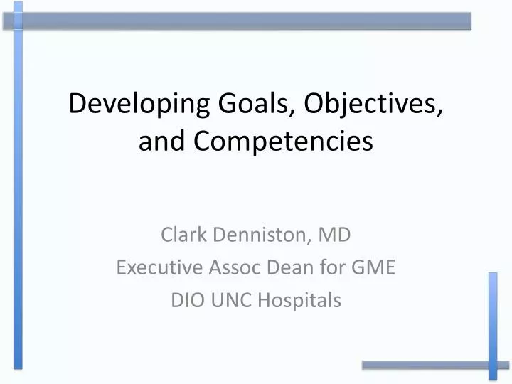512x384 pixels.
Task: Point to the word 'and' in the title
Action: click(x=161, y=141)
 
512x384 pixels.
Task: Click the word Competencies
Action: click(x=282, y=141)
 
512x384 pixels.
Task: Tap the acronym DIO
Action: click(x=186, y=301)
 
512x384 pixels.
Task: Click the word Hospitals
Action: click(x=299, y=301)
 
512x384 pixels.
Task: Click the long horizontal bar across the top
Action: click(x=242, y=21)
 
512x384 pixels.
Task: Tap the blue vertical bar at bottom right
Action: click(x=493, y=324)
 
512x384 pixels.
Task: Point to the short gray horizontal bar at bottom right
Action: click(x=427, y=365)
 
